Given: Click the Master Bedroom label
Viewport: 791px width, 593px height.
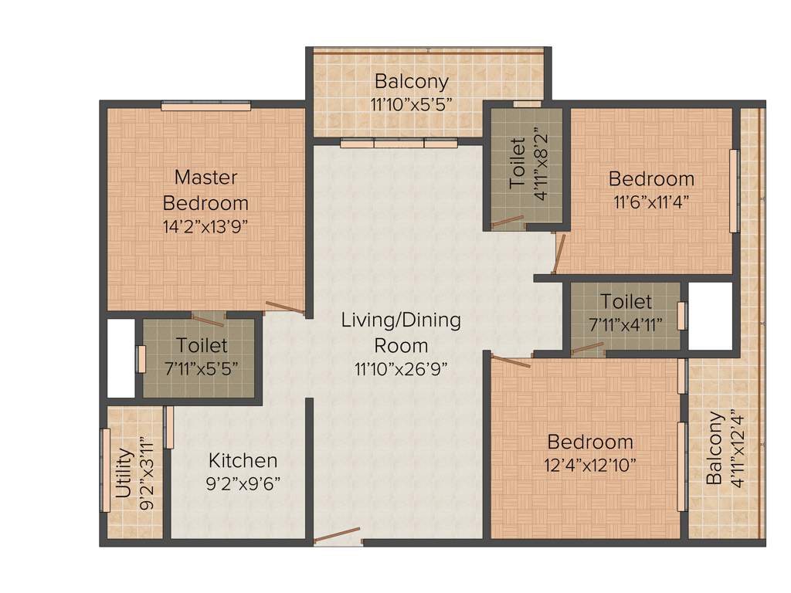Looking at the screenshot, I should (x=205, y=190).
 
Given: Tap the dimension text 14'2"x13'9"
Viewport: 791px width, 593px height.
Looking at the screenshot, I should (x=205, y=227).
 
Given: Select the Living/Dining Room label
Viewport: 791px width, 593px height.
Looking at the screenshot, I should (x=401, y=332).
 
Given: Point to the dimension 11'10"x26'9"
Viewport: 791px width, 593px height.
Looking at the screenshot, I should (x=401, y=368).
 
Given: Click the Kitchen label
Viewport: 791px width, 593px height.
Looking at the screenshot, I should (x=243, y=461).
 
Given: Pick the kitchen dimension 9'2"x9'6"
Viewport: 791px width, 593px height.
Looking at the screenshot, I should (x=243, y=483).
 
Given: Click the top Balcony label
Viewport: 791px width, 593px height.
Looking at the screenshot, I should (x=411, y=81).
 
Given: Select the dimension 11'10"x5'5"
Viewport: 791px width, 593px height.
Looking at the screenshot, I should (x=411, y=104).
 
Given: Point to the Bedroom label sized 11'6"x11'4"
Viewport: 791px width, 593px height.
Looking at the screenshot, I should (x=651, y=179).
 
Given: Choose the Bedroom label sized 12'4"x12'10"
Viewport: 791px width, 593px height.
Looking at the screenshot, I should (x=590, y=442).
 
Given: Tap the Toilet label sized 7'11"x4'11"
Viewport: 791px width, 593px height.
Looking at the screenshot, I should (x=626, y=301).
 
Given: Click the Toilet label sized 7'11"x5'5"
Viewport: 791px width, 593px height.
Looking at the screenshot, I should (x=202, y=344).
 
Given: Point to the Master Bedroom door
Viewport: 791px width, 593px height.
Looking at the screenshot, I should (x=285, y=308).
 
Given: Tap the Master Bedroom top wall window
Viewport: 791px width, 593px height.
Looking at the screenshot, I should (x=205, y=106).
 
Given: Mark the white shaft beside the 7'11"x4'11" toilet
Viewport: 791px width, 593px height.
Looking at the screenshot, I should (x=710, y=316).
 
